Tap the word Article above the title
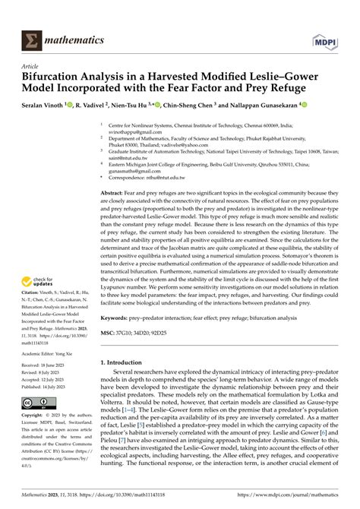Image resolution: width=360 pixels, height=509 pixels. coord(28,66)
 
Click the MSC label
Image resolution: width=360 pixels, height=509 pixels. coord(109,333)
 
